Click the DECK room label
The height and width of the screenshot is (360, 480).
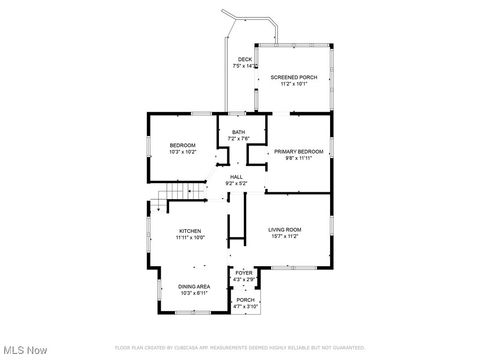pyautogui.click(x=244, y=60)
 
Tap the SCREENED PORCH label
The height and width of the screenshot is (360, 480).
pyautogui.click(x=293, y=77)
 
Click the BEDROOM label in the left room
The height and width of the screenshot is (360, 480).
pyautogui.click(x=182, y=146)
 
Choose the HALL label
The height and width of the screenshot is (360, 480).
pyautogui.click(x=236, y=177)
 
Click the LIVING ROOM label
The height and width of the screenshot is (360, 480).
pyautogui.click(x=285, y=230)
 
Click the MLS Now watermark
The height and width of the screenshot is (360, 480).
pyautogui.click(x=24, y=350)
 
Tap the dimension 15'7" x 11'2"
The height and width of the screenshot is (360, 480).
pyautogui.click(x=285, y=237)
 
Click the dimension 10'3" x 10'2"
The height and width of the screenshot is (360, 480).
pyautogui.click(x=182, y=152)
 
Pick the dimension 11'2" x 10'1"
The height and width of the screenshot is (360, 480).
pyautogui.click(x=293, y=84)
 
